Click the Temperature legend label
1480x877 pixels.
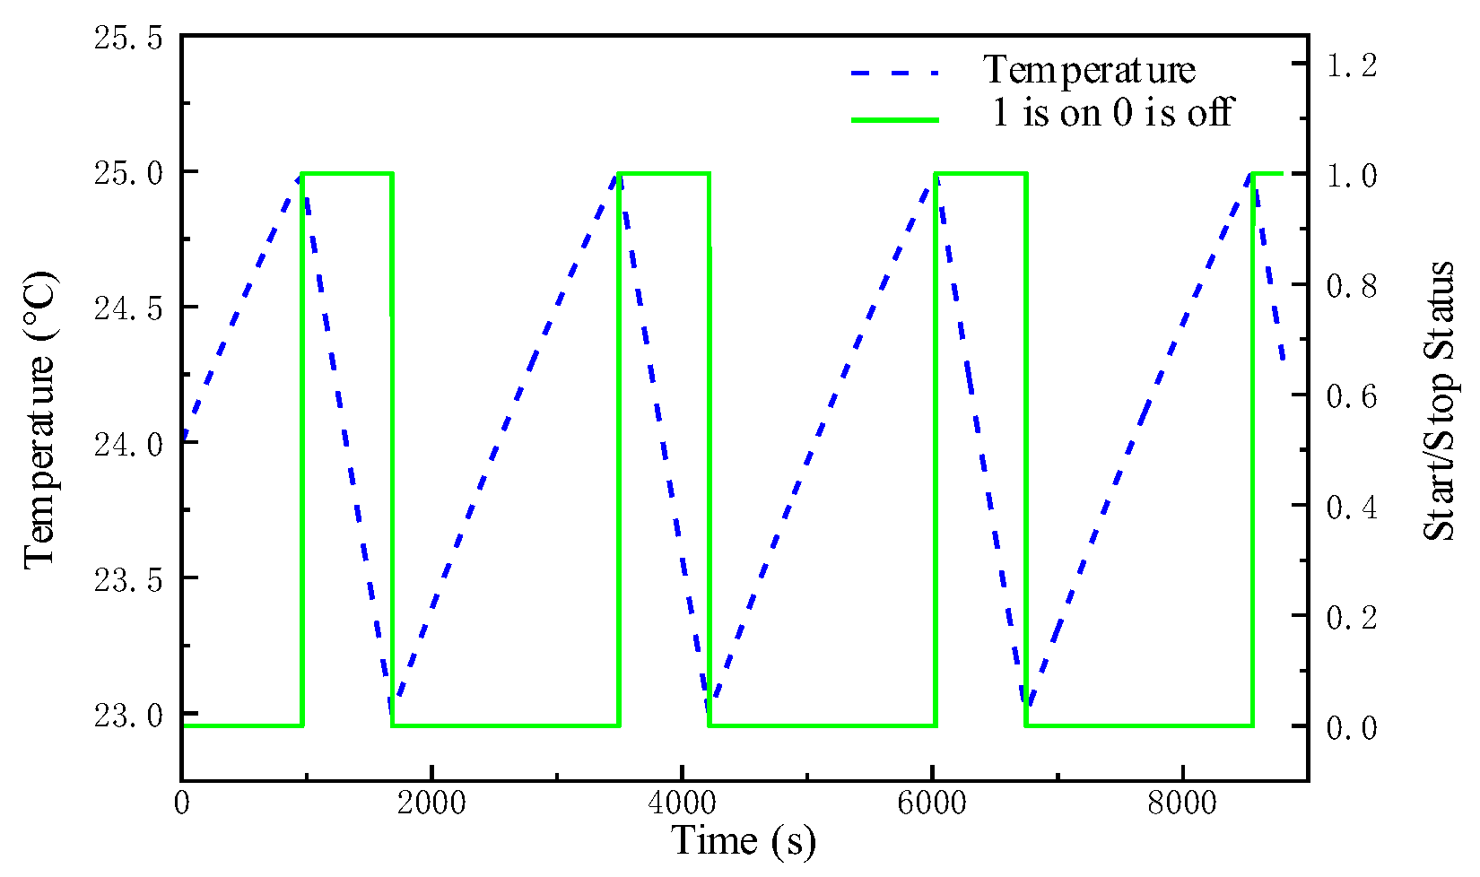click(1089, 70)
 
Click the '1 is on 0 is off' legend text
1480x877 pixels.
click(1112, 113)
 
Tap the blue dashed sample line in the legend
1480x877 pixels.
click(895, 72)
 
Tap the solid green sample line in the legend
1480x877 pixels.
click(895, 119)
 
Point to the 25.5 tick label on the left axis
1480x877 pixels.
click(129, 38)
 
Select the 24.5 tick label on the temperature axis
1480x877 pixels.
click(129, 308)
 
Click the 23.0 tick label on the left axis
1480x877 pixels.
click(129, 715)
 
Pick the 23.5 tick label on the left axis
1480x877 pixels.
click(129, 579)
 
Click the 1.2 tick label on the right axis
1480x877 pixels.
click(1351, 65)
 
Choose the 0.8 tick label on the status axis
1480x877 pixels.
click(1351, 286)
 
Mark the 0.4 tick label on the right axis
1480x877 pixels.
click(1351, 507)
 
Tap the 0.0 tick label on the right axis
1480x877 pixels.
click(1351, 727)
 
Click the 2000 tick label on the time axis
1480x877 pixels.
click(431, 803)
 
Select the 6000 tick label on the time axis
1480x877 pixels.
click(932, 803)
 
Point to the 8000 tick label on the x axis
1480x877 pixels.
click(1182, 803)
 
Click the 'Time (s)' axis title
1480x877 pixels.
click(744, 841)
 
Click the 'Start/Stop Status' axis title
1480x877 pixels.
click(1440, 401)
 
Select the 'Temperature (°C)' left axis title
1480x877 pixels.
click(39, 420)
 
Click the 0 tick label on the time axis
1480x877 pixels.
click(182, 803)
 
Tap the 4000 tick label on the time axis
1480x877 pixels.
click(682, 803)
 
